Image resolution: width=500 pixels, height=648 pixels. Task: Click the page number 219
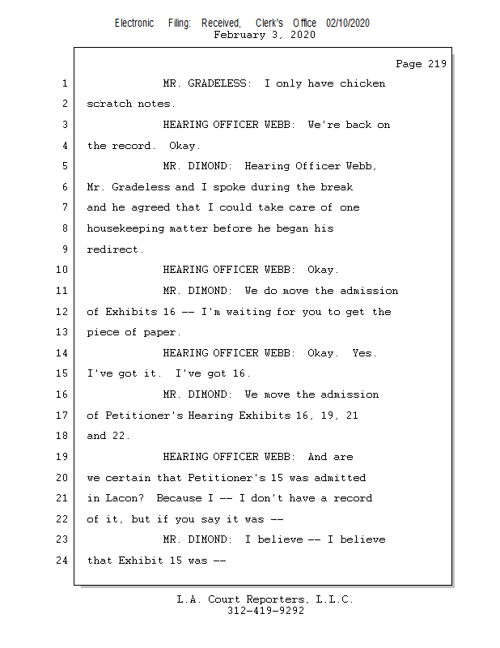(x=434, y=64)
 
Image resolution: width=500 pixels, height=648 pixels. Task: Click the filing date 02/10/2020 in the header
(x=348, y=23)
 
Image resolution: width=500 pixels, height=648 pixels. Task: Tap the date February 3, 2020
(x=265, y=36)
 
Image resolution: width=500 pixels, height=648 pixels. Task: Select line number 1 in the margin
(x=65, y=83)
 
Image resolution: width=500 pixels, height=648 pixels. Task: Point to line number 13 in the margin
(x=62, y=332)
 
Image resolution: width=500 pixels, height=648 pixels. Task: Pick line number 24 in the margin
(x=62, y=560)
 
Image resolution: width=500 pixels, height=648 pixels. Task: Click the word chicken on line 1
(x=362, y=83)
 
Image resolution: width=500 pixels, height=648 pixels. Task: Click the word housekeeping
(x=125, y=228)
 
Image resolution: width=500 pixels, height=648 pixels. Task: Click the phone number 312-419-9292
(x=265, y=612)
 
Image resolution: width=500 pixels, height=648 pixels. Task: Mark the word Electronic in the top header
(x=134, y=23)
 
